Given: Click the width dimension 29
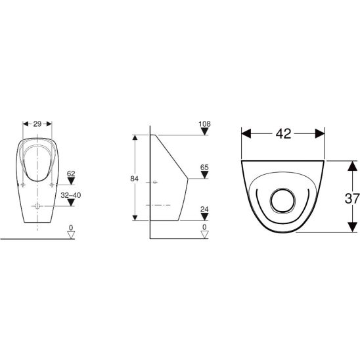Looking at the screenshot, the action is pos(37,124).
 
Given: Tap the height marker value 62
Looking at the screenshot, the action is pos(71,173).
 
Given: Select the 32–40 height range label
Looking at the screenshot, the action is pos(71,195).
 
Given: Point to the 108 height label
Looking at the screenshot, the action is pos(204,124).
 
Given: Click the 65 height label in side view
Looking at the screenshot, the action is pos(204,168).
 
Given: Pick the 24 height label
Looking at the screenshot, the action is pos(204,210).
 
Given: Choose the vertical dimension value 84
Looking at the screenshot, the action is pos(134,179).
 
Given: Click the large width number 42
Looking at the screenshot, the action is pos(283,133).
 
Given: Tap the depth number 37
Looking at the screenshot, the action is pos(352,198).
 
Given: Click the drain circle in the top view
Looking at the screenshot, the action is pos(282,200).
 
